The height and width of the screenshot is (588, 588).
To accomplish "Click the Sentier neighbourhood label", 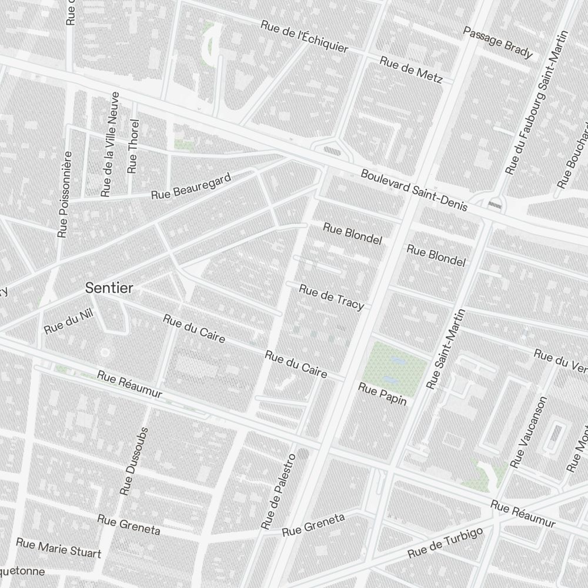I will [x=109, y=288].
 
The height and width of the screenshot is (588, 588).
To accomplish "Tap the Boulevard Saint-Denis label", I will [x=414, y=190].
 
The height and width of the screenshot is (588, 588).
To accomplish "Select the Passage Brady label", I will [x=497, y=42].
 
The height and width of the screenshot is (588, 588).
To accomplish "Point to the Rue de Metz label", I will [x=410, y=69].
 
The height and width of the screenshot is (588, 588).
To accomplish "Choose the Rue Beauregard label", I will [x=192, y=185].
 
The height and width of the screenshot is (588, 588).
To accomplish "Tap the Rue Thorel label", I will [x=133, y=146].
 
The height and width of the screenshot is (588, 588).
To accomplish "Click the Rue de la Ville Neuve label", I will [x=110, y=144].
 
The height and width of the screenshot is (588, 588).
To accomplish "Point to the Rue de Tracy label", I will [x=332, y=296].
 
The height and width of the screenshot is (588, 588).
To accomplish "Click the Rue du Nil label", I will [x=69, y=321].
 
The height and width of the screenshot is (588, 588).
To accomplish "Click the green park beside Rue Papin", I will [x=393, y=365].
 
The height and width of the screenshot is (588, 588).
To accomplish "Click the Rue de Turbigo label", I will [x=445, y=542].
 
